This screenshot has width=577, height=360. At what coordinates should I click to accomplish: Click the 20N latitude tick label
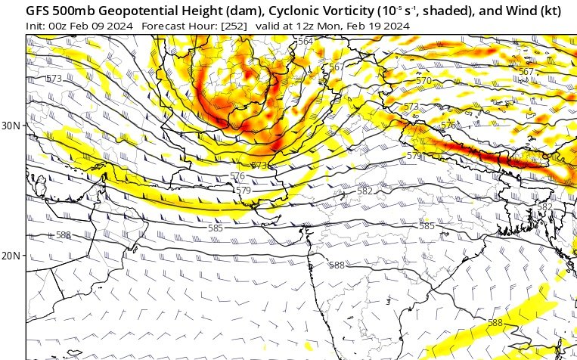point(11,256)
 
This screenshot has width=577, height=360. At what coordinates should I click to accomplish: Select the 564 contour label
point(305,41)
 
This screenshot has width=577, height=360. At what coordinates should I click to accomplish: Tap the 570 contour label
point(423,80)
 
